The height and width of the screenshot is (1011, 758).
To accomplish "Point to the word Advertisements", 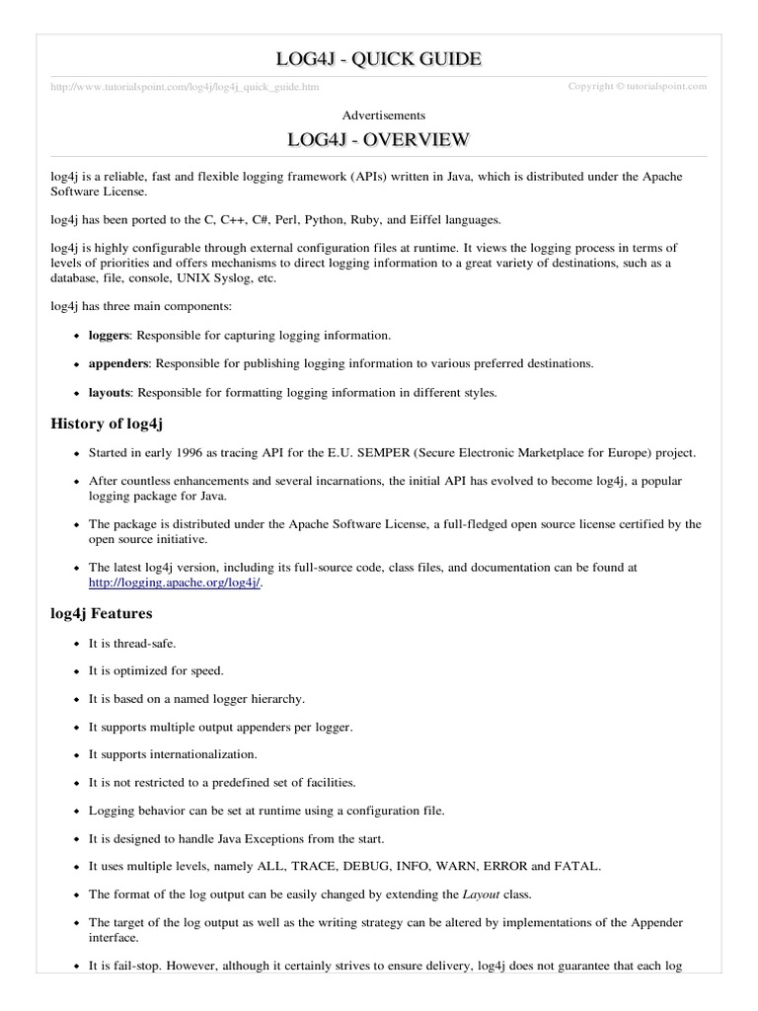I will point(378,116).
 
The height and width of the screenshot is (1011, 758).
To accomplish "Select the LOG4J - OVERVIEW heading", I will point(378,140).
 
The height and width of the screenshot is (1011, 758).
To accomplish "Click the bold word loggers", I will point(108,336).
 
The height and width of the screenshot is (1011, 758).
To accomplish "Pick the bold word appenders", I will point(116,363).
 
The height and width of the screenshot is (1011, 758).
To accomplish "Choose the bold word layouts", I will point(109,392).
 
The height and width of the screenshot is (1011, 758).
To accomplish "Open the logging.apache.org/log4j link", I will point(176,583).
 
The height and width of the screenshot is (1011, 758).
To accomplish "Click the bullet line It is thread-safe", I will point(132,644).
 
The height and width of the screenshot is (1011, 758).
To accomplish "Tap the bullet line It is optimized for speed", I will point(156,671).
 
